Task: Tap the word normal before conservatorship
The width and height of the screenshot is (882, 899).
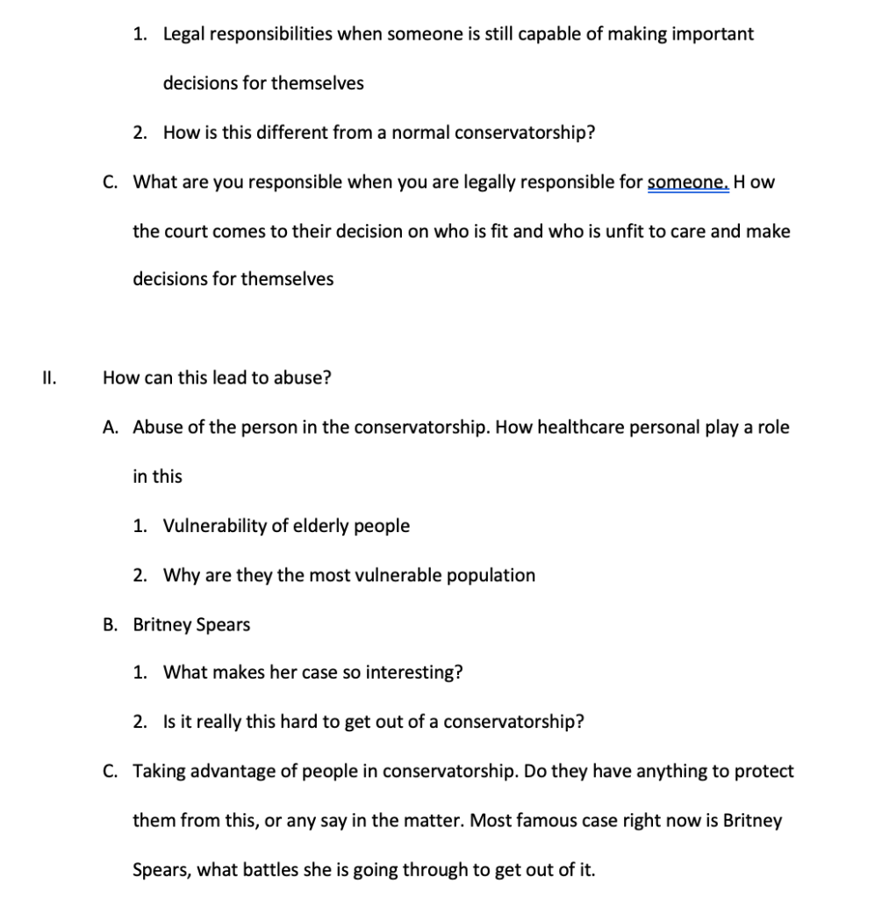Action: [x=419, y=133]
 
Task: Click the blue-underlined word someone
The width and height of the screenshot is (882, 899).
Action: [x=687, y=183]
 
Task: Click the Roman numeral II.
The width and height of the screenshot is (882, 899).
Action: [x=49, y=378]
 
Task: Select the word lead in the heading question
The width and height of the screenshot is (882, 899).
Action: [x=231, y=378]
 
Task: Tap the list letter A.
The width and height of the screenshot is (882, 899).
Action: [x=110, y=428]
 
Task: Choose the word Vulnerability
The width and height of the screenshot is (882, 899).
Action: [x=214, y=526]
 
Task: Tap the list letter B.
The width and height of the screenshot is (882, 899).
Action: [x=110, y=625]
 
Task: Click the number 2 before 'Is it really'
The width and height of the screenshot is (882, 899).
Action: [x=139, y=723]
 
